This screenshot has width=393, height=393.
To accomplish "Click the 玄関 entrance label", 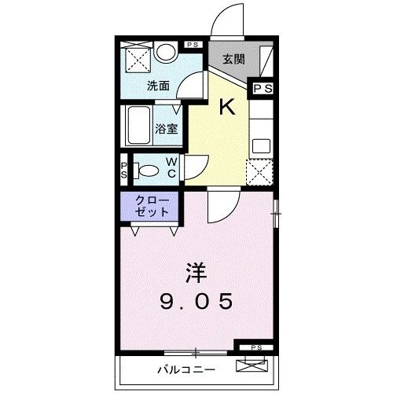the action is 233,60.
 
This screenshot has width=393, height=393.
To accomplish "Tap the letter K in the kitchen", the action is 227,108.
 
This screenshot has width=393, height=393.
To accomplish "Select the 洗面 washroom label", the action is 158,86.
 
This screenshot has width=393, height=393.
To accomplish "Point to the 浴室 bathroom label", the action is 167,129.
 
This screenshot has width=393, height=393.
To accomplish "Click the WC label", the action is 171,167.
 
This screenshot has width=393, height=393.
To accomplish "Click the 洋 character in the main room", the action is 196,273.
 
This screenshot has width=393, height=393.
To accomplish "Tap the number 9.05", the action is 196,301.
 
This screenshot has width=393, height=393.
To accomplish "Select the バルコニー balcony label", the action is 186,369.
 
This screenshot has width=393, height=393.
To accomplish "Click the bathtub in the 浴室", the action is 139,126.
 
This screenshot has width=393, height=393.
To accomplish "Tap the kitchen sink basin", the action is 261,146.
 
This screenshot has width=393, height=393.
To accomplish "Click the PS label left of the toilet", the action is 124,171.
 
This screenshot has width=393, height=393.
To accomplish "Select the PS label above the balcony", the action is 256,347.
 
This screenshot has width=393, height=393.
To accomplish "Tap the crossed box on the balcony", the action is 252,366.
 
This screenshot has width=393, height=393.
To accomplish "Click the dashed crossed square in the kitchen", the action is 259,172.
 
